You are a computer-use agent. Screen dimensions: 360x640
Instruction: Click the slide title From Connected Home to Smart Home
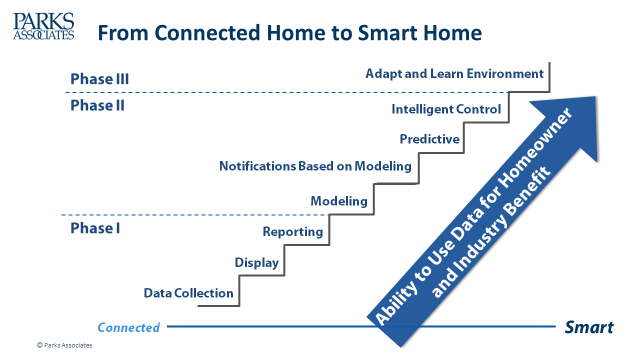click(x=289, y=32)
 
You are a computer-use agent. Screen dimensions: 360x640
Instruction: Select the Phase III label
click(x=100, y=78)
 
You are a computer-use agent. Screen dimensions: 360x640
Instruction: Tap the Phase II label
click(x=98, y=104)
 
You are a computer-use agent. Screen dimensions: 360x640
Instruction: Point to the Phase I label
click(x=96, y=228)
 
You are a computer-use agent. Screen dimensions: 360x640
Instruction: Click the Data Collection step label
click(x=189, y=293)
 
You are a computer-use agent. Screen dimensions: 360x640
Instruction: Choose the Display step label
click(x=257, y=263)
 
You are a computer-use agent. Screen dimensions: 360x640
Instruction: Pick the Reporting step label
click(x=292, y=232)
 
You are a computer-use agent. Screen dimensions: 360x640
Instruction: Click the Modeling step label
click(x=338, y=201)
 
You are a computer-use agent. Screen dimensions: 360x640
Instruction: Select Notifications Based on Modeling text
click(x=315, y=166)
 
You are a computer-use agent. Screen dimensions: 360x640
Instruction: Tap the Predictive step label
click(x=429, y=139)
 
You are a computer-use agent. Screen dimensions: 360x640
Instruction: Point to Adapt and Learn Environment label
click(x=454, y=74)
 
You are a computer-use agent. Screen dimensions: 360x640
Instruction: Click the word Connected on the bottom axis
click(x=128, y=327)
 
